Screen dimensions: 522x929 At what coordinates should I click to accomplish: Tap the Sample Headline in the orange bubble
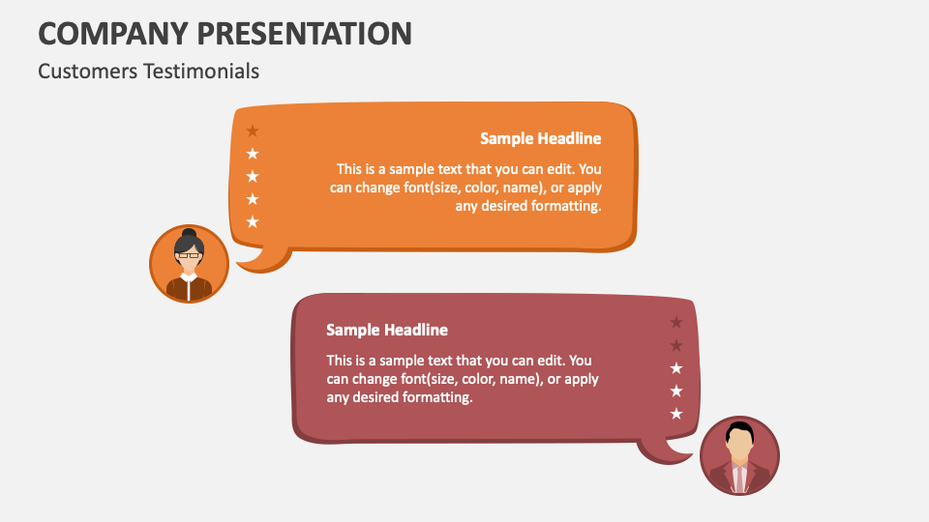tap(540, 138)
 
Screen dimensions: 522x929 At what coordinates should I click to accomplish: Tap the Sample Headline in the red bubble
tap(387, 330)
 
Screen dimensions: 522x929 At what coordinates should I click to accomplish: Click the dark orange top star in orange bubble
tap(253, 130)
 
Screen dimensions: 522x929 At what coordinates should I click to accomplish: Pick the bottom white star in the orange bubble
tap(253, 221)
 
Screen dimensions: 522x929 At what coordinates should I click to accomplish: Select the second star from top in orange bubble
tap(253, 154)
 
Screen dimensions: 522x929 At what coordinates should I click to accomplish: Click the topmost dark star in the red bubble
tap(676, 322)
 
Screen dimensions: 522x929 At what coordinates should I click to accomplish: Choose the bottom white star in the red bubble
tap(676, 414)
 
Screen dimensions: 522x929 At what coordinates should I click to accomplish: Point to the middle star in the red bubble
tap(676, 368)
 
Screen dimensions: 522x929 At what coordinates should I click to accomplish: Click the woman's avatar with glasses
tap(189, 264)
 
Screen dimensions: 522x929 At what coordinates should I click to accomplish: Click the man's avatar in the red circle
tap(739, 455)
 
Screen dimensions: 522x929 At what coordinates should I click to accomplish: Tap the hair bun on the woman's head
tap(189, 234)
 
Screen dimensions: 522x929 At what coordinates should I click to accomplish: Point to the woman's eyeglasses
tap(189, 255)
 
